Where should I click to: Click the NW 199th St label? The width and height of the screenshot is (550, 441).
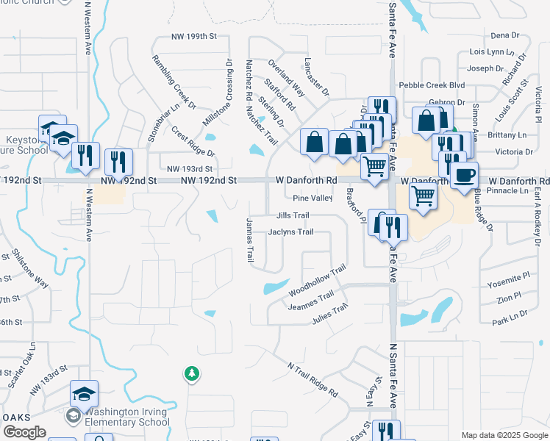tap(195, 35)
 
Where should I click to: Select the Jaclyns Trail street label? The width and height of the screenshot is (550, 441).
tap(291, 232)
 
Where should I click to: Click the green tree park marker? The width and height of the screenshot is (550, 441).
tap(191, 373)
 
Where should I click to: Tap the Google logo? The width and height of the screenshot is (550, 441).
tap(24, 432)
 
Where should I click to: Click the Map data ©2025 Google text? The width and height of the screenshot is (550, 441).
tap(504, 435)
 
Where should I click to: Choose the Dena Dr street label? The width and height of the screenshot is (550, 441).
tap(504, 35)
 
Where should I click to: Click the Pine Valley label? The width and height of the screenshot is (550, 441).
tap(312, 198)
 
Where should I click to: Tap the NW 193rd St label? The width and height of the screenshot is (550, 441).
tap(190, 168)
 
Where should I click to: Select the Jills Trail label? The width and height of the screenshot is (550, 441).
tap(293, 215)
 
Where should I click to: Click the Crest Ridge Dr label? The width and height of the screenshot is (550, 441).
tap(193, 142)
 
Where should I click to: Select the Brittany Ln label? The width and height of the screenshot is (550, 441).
tap(512, 135)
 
